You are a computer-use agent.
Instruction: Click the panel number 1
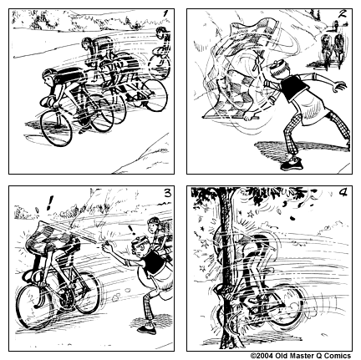click(x=165, y=13)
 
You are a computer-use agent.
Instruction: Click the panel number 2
click(x=343, y=13)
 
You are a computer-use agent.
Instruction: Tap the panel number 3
click(x=167, y=193)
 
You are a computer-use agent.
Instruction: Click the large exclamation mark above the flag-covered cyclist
click(x=50, y=203)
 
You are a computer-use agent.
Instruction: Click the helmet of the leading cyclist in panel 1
click(x=49, y=74)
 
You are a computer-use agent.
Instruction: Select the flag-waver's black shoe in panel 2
click(x=292, y=164)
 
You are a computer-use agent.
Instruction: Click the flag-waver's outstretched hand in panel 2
click(x=340, y=86)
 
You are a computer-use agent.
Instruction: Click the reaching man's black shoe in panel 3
click(x=147, y=330)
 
